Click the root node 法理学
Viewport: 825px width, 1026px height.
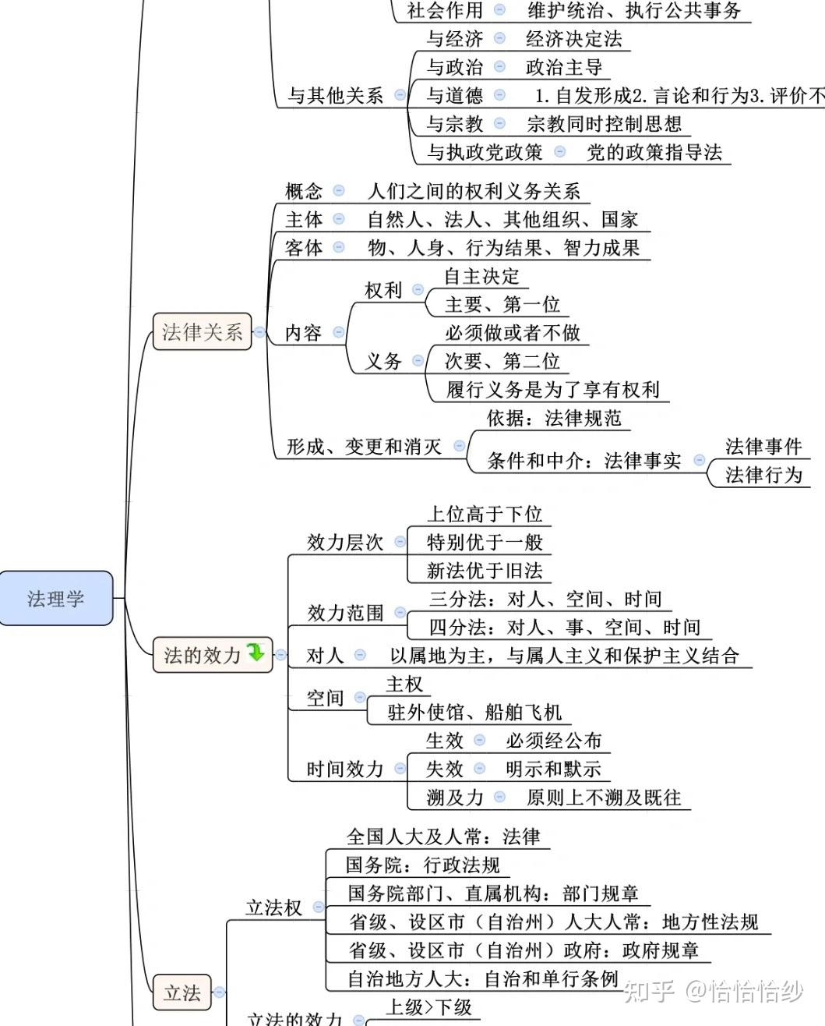coord(56,599)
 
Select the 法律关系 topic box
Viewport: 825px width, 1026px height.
coord(202,332)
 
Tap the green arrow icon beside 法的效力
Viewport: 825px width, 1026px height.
coord(256,653)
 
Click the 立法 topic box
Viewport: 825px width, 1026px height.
coord(182,992)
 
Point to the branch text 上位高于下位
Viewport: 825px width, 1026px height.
coord(484,515)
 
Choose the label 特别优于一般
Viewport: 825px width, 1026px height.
coord(484,543)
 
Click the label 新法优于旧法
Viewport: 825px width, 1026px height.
coord(484,571)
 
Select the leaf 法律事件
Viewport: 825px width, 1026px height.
coord(763,447)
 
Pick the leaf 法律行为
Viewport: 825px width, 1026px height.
coord(763,475)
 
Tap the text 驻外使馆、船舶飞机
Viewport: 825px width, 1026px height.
coord(474,712)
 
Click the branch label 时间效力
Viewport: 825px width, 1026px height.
coord(345,769)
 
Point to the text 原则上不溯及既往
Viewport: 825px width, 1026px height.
coord(604,798)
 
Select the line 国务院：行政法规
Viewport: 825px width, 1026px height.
coord(422,865)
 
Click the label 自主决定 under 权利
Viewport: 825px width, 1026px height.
coord(481,276)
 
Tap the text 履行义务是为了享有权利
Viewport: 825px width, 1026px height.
coord(552,389)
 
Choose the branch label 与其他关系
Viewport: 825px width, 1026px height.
coord(335,96)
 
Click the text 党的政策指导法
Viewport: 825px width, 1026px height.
coord(654,152)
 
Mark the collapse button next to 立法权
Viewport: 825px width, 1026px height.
coord(318,907)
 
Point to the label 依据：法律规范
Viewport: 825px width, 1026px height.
coord(554,419)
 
